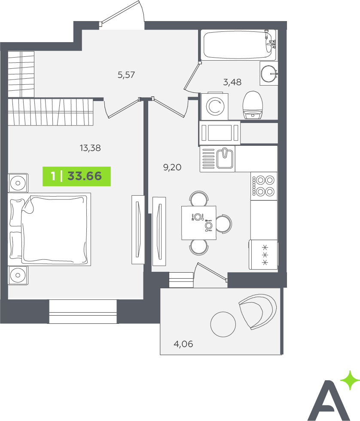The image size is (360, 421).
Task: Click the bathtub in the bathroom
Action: pyautogui.click(x=238, y=45)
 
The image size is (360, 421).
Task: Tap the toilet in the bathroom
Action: pyautogui.click(x=253, y=105)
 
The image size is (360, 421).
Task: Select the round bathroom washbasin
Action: pyautogui.click(x=269, y=73)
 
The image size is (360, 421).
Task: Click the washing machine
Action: pyautogui.click(x=215, y=106)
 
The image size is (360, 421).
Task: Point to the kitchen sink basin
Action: pyautogui.click(x=225, y=158)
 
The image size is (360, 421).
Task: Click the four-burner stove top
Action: pyautogui.click(x=264, y=186)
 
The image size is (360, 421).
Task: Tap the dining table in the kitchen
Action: pyautogui.click(x=199, y=223)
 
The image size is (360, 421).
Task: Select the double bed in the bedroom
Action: pyautogui.click(x=50, y=229)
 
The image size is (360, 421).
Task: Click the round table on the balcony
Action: pyautogui.click(x=223, y=324)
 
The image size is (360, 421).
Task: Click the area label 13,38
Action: pyautogui.click(x=90, y=148)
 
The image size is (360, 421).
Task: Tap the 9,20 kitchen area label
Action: pyautogui.click(x=172, y=167)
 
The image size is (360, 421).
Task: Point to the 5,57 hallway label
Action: pyautogui.click(x=126, y=75)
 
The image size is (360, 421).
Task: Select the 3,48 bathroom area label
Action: pyautogui.click(x=232, y=82)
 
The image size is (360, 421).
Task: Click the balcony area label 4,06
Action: pyautogui.click(x=183, y=344)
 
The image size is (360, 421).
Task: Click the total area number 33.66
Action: pyautogui.click(x=85, y=176)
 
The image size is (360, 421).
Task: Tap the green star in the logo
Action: pyautogui.click(x=350, y=380)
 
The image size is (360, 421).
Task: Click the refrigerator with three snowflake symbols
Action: pyautogui.click(x=263, y=255)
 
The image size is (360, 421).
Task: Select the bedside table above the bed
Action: pyautogui.click(x=18, y=183)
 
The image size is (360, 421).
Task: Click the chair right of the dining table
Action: pyautogui.click(x=224, y=223)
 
